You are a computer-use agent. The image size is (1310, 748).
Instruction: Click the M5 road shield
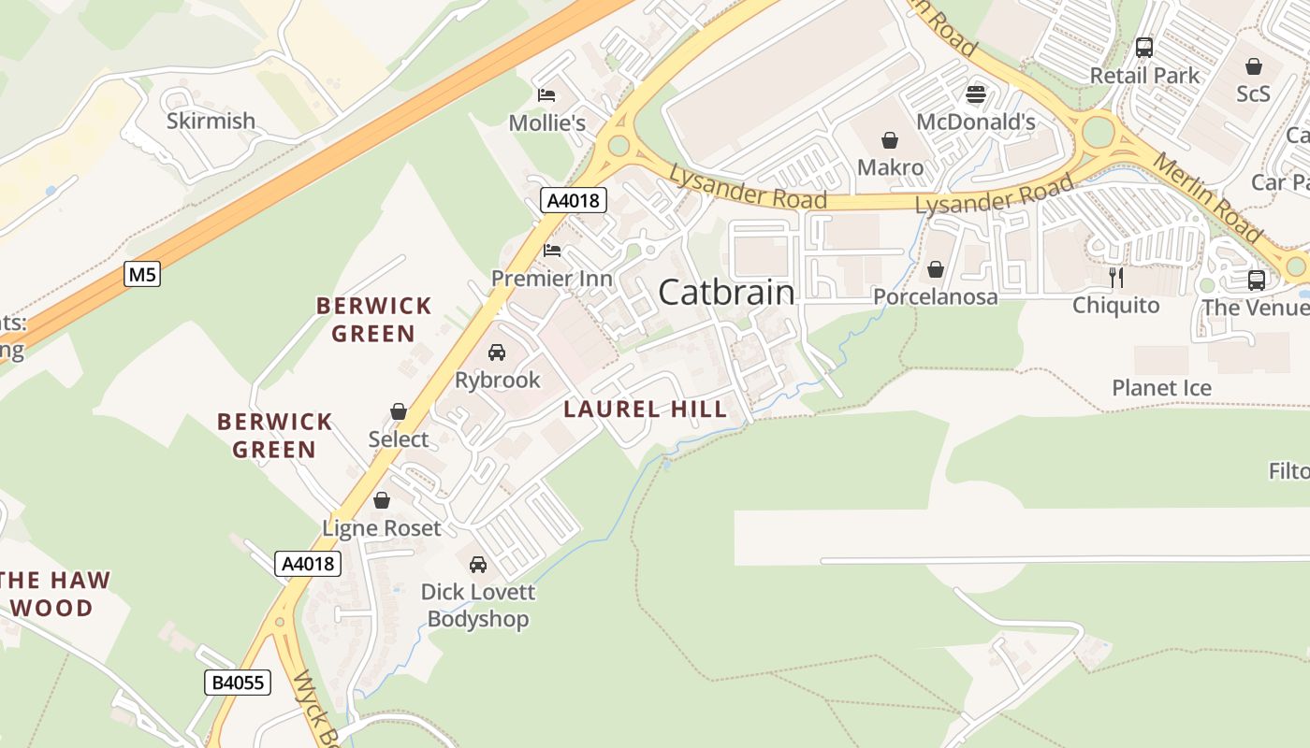(142, 274)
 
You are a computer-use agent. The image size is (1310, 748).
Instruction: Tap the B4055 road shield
(238, 683)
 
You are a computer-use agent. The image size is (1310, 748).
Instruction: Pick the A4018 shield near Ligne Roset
(308, 564)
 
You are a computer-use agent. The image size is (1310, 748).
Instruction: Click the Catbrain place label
(726, 292)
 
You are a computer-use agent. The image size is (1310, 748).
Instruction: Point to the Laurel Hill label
(645, 409)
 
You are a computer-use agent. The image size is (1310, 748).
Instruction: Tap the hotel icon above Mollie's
(546, 95)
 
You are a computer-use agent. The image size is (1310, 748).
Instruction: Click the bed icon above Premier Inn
(552, 251)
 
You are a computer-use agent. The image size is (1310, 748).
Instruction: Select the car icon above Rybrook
(497, 352)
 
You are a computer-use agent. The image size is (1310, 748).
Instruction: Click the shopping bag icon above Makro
(890, 140)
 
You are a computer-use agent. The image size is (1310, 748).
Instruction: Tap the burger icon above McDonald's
(976, 93)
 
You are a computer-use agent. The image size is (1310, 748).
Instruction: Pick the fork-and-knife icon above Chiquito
(1115, 277)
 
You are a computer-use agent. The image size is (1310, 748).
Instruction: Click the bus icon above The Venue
(1257, 280)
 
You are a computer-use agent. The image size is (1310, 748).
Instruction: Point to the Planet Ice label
(1161, 388)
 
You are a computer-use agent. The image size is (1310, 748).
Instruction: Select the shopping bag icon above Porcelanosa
(935, 269)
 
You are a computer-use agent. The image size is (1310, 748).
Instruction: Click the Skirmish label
(211, 121)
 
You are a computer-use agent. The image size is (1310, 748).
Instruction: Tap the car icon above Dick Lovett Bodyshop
(477, 564)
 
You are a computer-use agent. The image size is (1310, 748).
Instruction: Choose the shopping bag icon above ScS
(1253, 66)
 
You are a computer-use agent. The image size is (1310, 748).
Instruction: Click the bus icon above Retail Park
(1143, 48)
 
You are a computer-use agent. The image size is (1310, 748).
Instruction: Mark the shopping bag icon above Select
(399, 411)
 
